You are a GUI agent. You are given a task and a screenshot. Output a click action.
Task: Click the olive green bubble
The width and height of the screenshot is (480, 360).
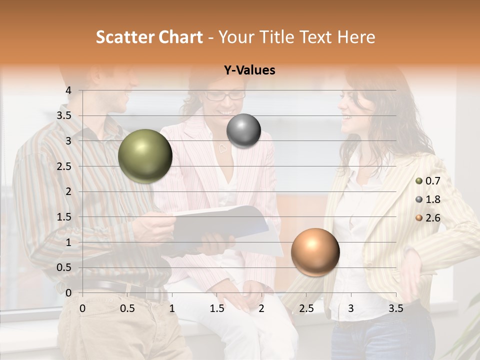(x=145, y=156)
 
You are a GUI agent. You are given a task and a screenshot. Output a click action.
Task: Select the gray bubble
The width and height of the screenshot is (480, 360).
(x=243, y=130)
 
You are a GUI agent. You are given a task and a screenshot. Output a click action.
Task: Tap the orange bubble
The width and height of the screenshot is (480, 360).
(x=315, y=252)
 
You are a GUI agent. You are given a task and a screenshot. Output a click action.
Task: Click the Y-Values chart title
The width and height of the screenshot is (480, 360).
(x=249, y=70)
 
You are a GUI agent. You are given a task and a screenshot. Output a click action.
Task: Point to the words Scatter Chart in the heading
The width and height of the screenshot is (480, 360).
(x=149, y=37)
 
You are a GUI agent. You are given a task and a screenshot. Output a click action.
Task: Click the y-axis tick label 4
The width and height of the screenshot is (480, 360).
(x=68, y=90)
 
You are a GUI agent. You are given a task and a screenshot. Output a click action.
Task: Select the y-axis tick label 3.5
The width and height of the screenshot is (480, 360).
(x=64, y=115)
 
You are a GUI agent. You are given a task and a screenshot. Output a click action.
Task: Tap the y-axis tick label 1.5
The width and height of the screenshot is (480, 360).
(x=64, y=217)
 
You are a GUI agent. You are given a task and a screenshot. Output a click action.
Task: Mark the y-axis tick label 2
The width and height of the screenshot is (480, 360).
(x=68, y=191)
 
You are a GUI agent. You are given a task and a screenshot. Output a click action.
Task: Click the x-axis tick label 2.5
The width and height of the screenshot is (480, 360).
(x=306, y=308)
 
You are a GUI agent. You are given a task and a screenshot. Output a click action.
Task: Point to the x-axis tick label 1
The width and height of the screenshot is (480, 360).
(x=172, y=308)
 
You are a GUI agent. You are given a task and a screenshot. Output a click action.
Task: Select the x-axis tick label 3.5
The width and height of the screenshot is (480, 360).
(x=395, y=308)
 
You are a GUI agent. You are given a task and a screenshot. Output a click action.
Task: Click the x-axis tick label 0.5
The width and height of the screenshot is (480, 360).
(x=127, y=308)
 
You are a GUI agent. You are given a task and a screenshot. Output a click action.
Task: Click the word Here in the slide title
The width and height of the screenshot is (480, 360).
(x=355, y=37)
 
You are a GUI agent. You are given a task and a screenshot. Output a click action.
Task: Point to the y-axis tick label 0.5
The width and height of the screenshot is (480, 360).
(x=64, y=267)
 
